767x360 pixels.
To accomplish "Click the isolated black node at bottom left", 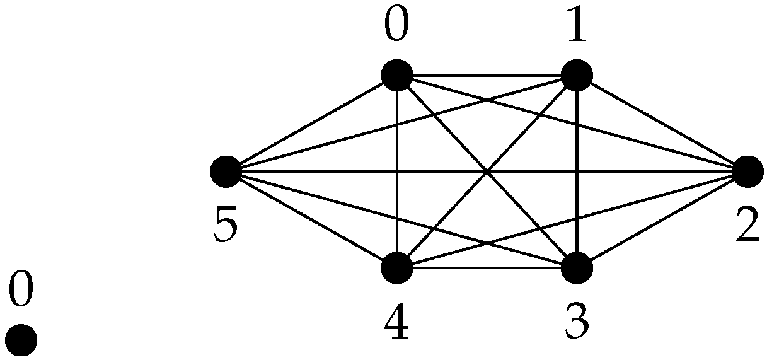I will click(x=21, y=340).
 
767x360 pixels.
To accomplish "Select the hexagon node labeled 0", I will click(x=397, y=76).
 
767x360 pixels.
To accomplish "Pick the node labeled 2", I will click(x=748, y=171).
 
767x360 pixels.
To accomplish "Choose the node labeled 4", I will click(x=397, y=268).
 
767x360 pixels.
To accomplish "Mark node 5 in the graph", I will click(x=226, y=171).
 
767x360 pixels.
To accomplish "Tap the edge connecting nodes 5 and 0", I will click(x=311, y=124).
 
